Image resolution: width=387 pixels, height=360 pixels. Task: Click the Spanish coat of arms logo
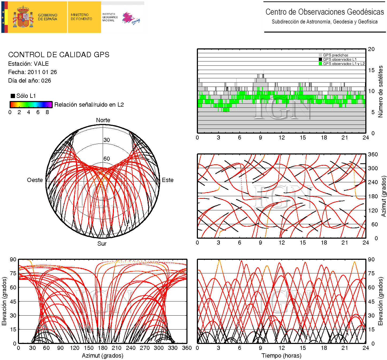(x=24, y=17)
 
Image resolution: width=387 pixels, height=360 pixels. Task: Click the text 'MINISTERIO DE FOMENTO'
(x=81, y=17)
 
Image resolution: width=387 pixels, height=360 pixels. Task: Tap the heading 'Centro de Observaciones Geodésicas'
(x=324, y=12)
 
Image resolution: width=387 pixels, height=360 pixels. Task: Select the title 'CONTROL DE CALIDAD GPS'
(x=59, y=55)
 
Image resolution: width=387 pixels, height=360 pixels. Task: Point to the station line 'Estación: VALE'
(x=28, y=64)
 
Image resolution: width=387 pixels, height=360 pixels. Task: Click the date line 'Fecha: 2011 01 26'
(x=32, y=72)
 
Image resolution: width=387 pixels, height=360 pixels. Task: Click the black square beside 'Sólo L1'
(x=13, y=96)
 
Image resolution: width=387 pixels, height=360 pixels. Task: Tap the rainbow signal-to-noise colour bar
(x=31, y=104)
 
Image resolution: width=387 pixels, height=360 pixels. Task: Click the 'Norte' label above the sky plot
(x=103, y=120)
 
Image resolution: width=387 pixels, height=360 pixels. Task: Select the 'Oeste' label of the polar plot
(x=35, y=180)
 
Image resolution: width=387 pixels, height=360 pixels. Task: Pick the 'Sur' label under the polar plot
(x=102, y=243)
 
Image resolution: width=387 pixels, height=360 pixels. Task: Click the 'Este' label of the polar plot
(x=168, y=180)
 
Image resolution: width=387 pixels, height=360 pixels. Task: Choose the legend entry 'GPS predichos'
(x=335, y=55)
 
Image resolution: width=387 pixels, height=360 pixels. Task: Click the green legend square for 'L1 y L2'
(x=320, y=64)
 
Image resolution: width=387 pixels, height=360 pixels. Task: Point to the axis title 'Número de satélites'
(x=380, y=91)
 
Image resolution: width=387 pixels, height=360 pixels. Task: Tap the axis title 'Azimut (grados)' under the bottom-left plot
(x=102, y=356)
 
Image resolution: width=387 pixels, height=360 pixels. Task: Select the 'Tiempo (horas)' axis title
(x=281, y=356)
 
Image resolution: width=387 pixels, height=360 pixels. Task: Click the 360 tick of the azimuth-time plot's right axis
(x=373, y=154)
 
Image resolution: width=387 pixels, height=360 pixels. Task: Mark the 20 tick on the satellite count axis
(x=371, y=49)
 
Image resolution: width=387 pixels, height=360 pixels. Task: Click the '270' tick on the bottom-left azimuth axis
(x=145, y=348)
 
